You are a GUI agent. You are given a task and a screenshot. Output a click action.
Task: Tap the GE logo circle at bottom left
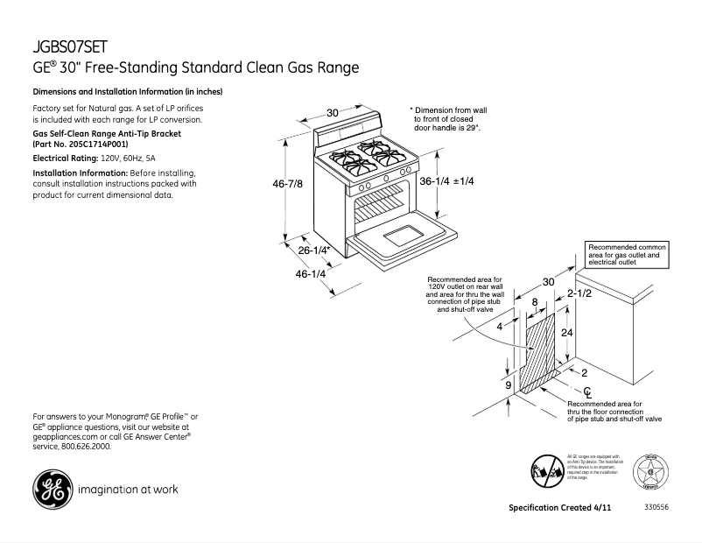coord(51,489)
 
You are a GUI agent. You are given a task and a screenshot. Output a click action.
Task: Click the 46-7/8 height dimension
coord(293,184)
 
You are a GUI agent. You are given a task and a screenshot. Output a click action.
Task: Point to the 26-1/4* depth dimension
coord(312,250)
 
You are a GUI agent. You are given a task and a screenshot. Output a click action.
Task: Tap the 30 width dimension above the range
coord(333,112)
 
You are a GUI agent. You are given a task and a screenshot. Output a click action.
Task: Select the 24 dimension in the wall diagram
coord(566,333)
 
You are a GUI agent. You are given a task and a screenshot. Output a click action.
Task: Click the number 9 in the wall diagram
coord(508,384)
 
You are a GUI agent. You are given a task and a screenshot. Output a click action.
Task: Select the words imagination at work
coord(128,490)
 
